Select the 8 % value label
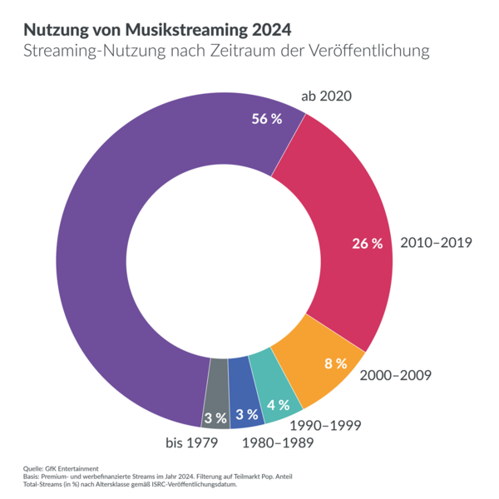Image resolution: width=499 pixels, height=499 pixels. click(335, 363)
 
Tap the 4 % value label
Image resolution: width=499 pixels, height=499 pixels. click(278, 405)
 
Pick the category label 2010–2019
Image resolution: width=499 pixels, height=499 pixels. click(436, 244)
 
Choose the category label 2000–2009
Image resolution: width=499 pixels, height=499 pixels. click(395, 374)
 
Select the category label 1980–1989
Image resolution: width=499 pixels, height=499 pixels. click(277, 442)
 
